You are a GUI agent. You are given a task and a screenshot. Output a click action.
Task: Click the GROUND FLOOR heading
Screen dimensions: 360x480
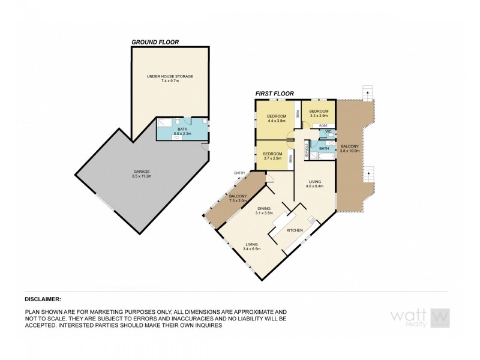click(x=155, y=42)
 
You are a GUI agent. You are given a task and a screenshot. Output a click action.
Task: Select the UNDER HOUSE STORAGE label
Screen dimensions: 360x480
click(x=170, y=77)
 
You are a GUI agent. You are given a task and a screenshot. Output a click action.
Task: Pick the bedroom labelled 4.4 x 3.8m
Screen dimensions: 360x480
click(x=277, y=118)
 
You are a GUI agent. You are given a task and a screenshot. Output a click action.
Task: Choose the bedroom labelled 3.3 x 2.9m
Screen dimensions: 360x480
click(x=318, y=113)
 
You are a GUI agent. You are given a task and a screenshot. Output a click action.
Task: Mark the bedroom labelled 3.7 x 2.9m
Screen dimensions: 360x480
click(x=272, y=156)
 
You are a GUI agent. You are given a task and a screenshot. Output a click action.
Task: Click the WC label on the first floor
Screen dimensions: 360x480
click(x=328, y=131)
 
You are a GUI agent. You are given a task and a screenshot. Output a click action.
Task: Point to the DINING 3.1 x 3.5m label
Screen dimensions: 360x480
click(x=264, y=211)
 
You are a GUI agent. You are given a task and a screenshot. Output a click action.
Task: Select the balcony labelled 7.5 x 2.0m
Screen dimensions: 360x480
click(x=238, y=199)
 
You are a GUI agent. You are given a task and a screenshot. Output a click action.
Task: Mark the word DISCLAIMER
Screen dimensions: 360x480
click(x=43, y=298)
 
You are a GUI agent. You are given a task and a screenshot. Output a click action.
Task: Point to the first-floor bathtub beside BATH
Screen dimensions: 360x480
click(x=324, y=155)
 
